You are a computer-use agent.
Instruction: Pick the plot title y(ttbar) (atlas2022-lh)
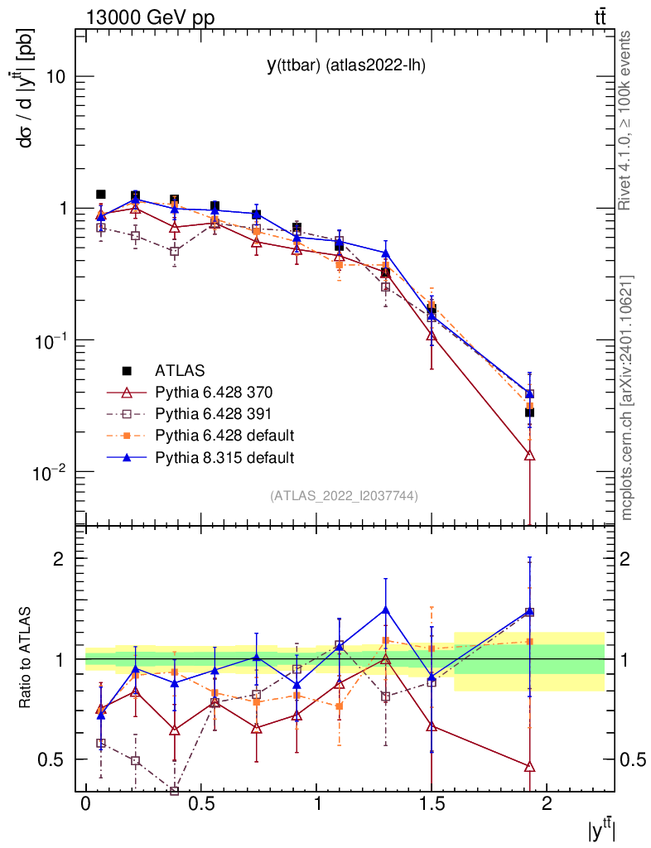345,66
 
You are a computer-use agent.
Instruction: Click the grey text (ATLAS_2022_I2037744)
344,496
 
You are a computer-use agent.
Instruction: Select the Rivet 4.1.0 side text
626,120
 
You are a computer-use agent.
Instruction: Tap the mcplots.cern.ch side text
626,397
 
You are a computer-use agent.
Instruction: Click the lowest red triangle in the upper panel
529,455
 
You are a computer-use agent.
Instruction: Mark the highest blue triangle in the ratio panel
386,610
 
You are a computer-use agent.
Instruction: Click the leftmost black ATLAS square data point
101,195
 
